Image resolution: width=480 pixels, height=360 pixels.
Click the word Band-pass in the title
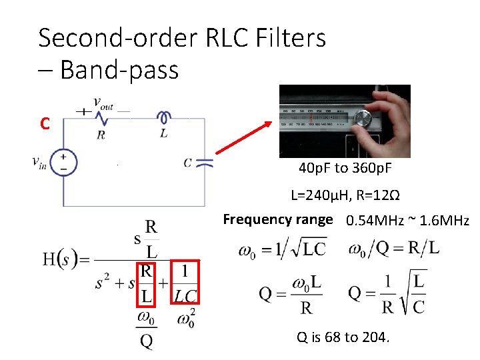pyautogui.click(x=119, y=69)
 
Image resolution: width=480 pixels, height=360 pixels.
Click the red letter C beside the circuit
pyautogui.click(x=45, y=124)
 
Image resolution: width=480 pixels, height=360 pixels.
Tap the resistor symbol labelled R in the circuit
pyautogui.click(x=101, y=118)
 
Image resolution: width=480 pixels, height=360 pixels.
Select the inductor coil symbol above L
pyautogui.click(x=163, y=117)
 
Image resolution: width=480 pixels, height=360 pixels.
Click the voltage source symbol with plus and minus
pyautogui.click(x=63, y=163)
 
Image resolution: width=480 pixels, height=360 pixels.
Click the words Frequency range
pyautogui.click(x=277, y=219)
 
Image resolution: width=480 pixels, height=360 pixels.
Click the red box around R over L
pyautogui.click(x=145, y=283)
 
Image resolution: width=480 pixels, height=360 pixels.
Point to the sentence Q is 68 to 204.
pyautogui.click(x=342, y=337)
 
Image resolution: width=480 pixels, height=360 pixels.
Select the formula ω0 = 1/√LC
pyautogui.click(x=283, y=250)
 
